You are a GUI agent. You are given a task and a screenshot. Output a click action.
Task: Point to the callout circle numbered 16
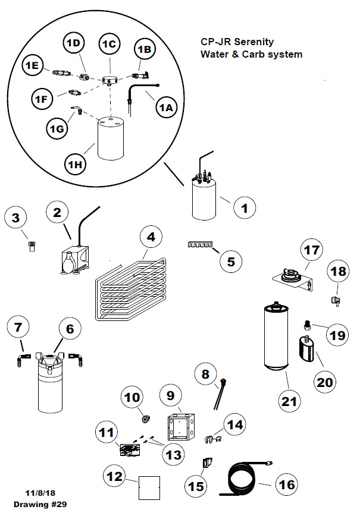pyautogui.click(x=286, y=484)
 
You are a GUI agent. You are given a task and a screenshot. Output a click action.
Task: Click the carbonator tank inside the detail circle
pyautogui.click(x=111, y=138)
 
